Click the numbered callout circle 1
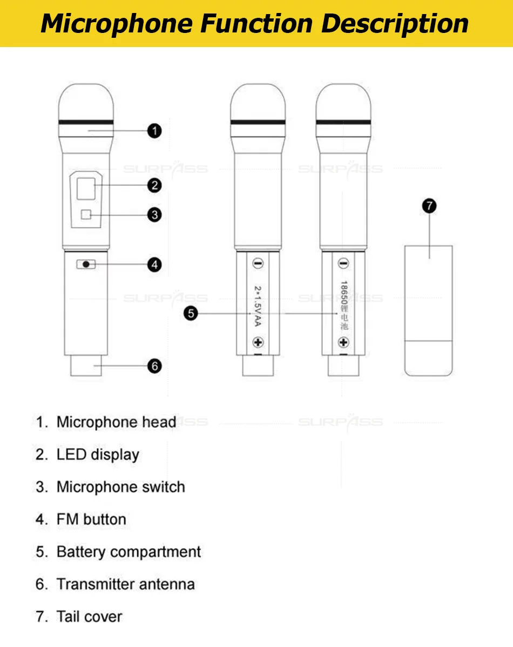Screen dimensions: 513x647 (154, 131)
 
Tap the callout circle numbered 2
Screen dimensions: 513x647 (154, 185)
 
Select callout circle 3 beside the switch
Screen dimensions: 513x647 (154, 215)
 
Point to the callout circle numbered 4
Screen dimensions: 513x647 (154, 265)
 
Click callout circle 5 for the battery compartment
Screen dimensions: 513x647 (191, 313)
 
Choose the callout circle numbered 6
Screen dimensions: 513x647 (154, 366)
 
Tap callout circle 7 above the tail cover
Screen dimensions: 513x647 (429, 206)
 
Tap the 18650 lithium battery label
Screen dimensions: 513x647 (343, 305)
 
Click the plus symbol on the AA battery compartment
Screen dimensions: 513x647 (258, 342)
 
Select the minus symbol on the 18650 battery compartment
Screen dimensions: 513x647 (343, 264)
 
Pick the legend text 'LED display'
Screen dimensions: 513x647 (98, 455)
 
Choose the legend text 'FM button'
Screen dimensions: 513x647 (91, 519)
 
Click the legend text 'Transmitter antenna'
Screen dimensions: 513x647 (125, 584)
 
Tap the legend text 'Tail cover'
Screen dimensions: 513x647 (89, 617)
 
